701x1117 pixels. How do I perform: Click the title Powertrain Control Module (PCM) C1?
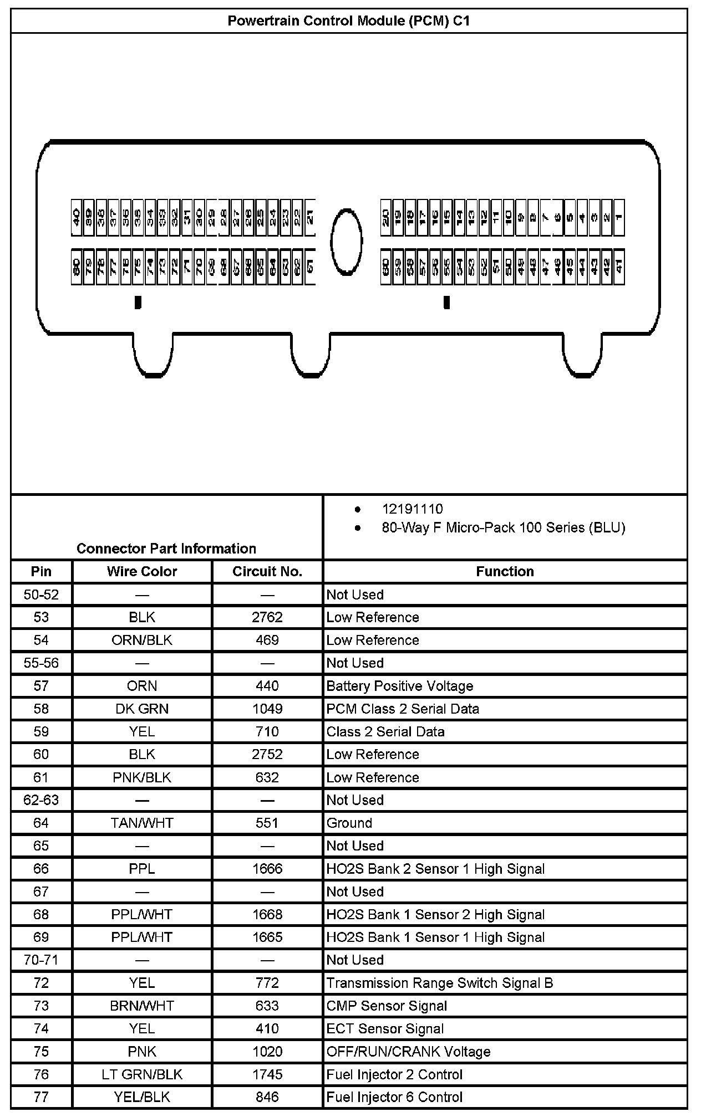click(349, 21)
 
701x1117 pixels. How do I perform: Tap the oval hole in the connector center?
click(347, 241)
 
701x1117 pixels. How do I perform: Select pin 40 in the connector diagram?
click(77, 217)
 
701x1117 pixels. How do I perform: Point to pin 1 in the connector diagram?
click(618, 217)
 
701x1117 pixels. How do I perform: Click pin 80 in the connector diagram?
click(77, 267)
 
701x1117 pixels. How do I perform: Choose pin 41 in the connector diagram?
click(618, 267)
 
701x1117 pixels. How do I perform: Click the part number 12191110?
click(412, 509)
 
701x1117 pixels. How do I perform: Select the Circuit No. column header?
click(267, 571)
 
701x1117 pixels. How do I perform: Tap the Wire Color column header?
click(142, 571)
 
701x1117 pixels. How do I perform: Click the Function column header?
click(505, 571)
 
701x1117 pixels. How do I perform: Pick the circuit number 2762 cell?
click(267, 617)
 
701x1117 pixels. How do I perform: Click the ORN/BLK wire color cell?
click(142, 640)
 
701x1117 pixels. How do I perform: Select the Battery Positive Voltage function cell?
click(399, 686)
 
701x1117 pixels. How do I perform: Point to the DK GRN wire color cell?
click(142, 709)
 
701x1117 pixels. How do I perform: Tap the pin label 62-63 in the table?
click(41, 800)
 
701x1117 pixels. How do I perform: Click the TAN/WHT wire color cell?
click(142, 823)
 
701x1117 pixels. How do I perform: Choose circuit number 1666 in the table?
click(267, 869)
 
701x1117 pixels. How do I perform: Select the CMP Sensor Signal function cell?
click(387, 1006)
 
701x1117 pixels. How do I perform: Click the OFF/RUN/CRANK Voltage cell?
click(408, 1052)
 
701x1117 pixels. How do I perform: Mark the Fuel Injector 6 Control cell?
click(394, 1097)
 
